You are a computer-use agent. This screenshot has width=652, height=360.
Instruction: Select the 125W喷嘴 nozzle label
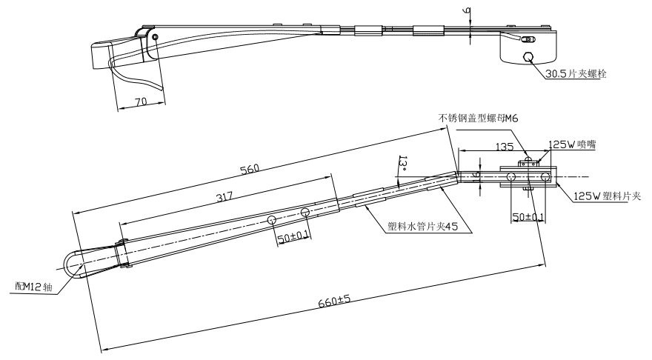click(x=571, y=146)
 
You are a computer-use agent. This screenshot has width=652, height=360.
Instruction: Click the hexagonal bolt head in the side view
click(x=527, y=57)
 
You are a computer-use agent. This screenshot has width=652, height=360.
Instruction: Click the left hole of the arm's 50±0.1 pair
click(x=272, y=220)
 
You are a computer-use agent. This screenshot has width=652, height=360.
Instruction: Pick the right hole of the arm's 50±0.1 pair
click(x=305, y=213)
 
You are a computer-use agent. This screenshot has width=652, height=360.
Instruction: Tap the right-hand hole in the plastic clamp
click(x=545, y=176)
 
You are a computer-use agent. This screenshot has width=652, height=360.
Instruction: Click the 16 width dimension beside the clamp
click(x=477, y=176)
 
